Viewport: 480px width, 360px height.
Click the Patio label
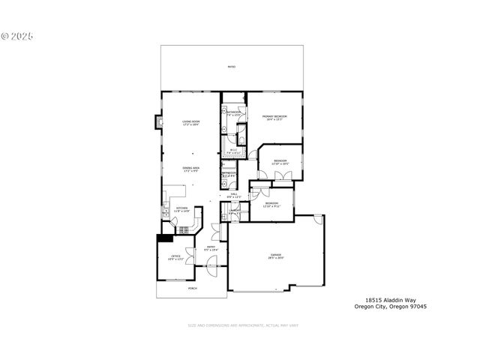coord(232,67)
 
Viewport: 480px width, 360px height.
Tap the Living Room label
coord(190,123)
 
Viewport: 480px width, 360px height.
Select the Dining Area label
coord(190,169)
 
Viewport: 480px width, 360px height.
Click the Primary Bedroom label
coord(274,118)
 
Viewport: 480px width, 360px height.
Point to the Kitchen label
coord(182,211)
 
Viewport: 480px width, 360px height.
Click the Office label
coord(175,257)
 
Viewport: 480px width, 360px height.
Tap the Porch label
coord(192,288)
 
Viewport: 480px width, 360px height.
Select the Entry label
coord(211,249)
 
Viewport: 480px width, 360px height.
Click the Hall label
coord(234,196)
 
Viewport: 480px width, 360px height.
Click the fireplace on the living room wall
coord(157,121)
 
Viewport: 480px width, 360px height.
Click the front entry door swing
coord(212,262)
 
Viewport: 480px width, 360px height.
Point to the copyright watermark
coord(17,35)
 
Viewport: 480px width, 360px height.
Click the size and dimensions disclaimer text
coord(242,325)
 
